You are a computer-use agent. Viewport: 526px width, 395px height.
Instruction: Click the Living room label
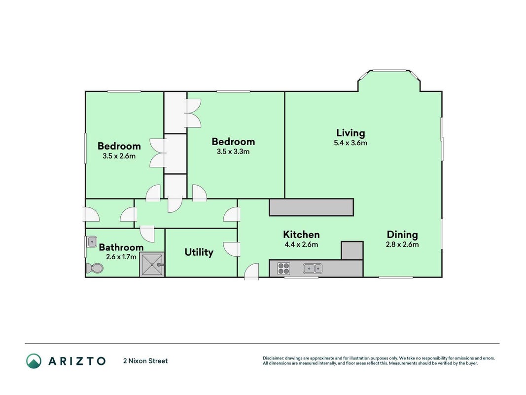[351, 133]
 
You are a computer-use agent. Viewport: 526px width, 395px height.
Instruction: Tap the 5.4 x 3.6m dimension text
[351, 143]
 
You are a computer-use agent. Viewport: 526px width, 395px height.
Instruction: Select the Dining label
[402, 235]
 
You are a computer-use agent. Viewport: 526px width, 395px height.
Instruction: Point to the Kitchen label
[301, 235]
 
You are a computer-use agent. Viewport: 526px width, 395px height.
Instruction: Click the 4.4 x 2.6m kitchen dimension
[301, 244]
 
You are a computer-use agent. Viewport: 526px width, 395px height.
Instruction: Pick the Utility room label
[199, 252]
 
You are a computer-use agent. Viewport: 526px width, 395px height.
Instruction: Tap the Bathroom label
[121, 247]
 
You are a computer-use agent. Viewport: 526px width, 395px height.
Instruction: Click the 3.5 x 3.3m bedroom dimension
[233, 152]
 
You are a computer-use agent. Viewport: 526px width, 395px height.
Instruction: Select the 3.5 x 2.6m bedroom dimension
[119, 156]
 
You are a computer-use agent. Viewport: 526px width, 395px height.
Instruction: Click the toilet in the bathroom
[94, 268]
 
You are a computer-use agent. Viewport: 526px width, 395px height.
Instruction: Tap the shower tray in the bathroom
[152, 265]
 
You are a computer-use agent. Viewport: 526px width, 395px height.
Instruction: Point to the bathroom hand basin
[91, 241]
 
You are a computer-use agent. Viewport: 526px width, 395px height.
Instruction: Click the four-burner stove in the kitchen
[283, 269]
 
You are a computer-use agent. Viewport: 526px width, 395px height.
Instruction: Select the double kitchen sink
[313, 269]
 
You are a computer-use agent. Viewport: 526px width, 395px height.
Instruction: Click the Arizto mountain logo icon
[34, 361]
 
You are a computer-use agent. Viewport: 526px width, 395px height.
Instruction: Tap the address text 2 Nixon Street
[145, 361]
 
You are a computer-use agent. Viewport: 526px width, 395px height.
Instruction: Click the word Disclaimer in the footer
[273, 358]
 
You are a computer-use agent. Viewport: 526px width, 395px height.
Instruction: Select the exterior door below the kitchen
[251, 272]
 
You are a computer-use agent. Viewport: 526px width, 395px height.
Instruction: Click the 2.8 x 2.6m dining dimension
[402, 244]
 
